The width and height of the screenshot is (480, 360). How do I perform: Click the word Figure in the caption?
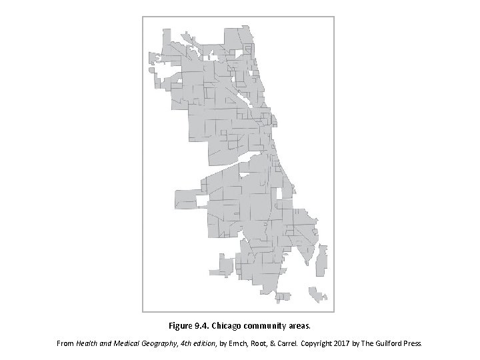[x=181, y=327]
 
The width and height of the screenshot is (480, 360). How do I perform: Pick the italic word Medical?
[x=132, y=344]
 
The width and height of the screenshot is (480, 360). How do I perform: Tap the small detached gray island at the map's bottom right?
[x=317, y=294]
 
